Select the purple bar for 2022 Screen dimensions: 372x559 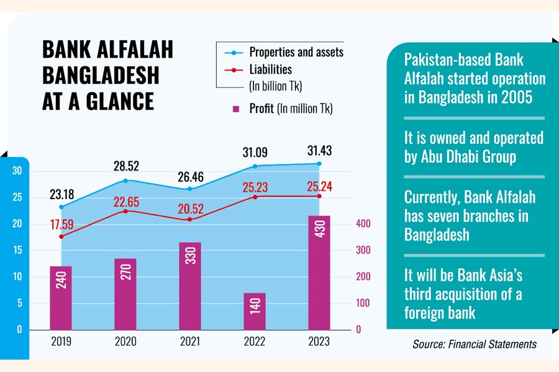[x=253, y=311]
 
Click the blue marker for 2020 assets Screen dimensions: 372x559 [x=125, y=180]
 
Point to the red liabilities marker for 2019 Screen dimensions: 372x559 [x=61, y=236]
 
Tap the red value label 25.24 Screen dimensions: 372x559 [x=318, y=185]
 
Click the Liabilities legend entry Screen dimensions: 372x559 [x=270, y=69]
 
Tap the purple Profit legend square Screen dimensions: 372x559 [x=235, y=109]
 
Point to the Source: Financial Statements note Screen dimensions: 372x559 [x=474, y=343]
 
